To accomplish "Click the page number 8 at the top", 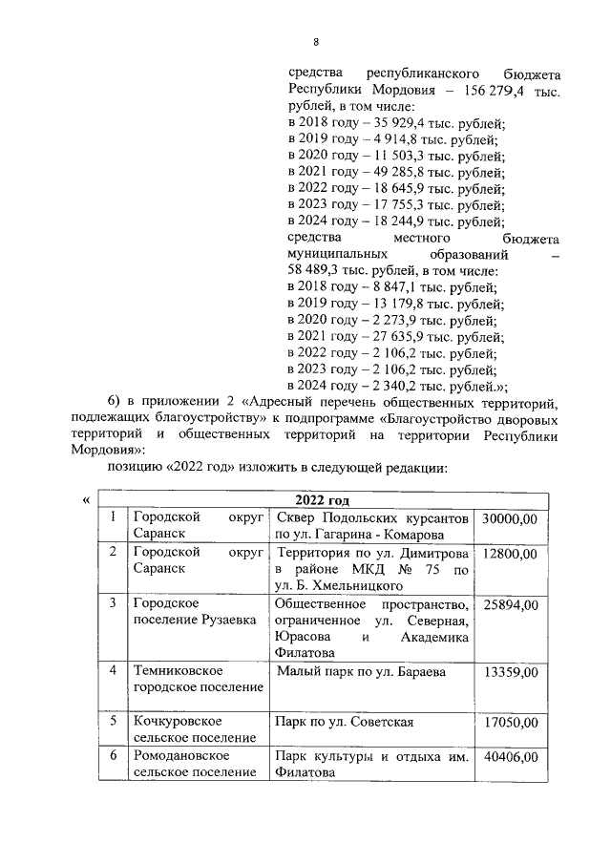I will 315,41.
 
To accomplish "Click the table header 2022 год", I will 323,500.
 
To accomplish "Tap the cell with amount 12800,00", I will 510,554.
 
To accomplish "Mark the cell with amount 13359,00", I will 510,672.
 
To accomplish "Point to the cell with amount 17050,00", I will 510,723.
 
